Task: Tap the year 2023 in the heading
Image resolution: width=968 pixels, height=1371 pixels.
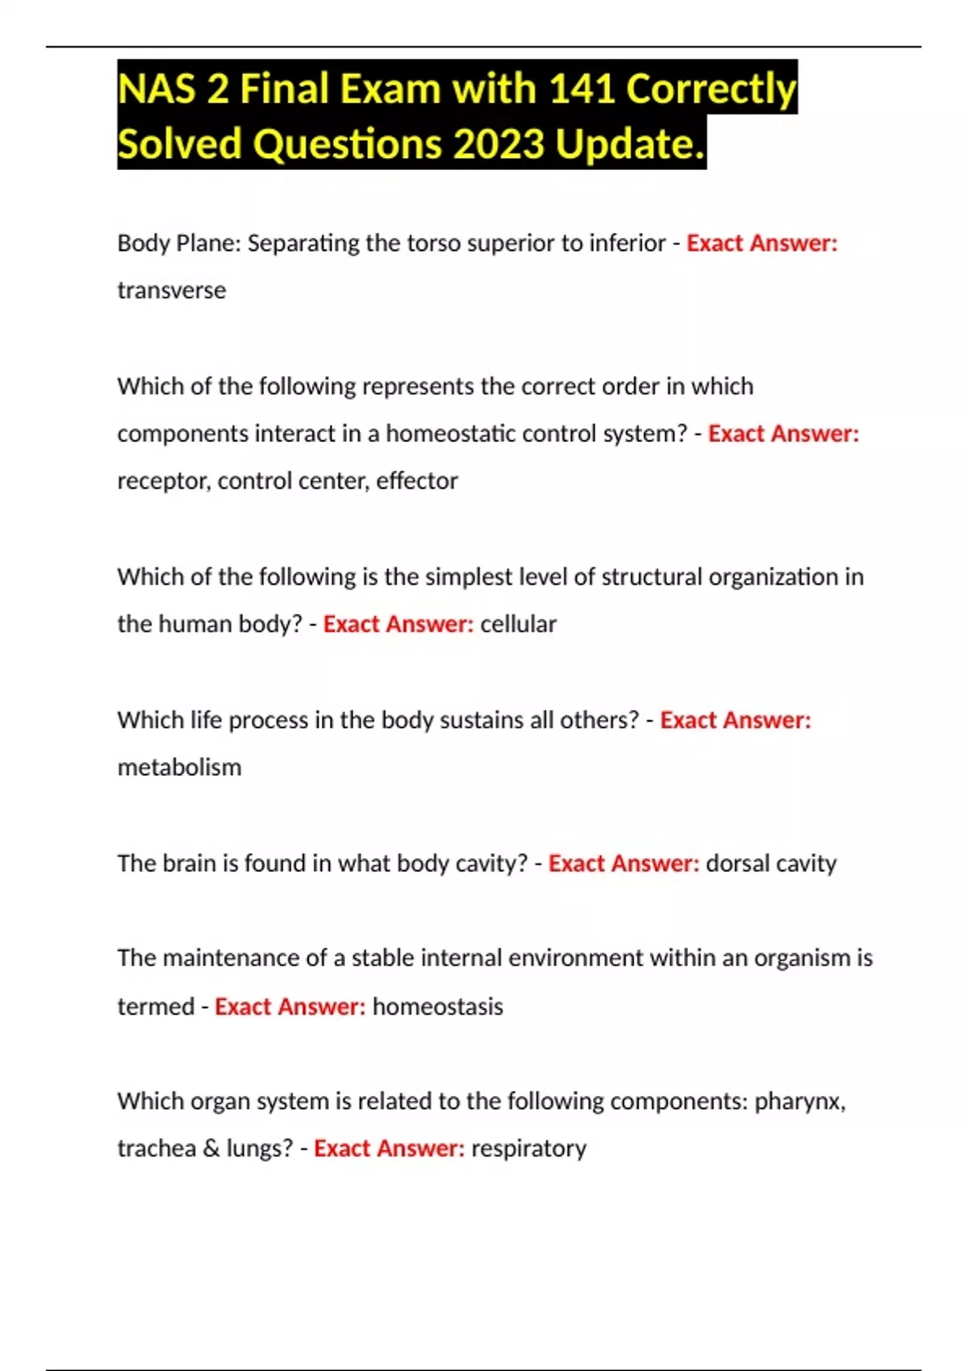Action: click(x=499, y=144)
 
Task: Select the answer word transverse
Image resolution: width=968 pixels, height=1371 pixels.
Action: click(x=172, y=290)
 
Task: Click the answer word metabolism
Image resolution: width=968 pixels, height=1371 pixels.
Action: click(x=179, y=767)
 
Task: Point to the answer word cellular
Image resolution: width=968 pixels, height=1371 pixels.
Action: click(x=518, y=624)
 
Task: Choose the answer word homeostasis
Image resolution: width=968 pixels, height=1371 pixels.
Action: click(x=437, y=1006)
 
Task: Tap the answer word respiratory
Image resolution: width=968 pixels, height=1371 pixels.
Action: click(x=528, y=1148)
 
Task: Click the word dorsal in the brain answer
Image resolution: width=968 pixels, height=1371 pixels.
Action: click(x=736, y=863)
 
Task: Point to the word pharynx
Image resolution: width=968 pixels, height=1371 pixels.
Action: click(x=799, y=1102)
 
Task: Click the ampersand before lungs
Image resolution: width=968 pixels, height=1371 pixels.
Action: click(x=211, y=1148)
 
